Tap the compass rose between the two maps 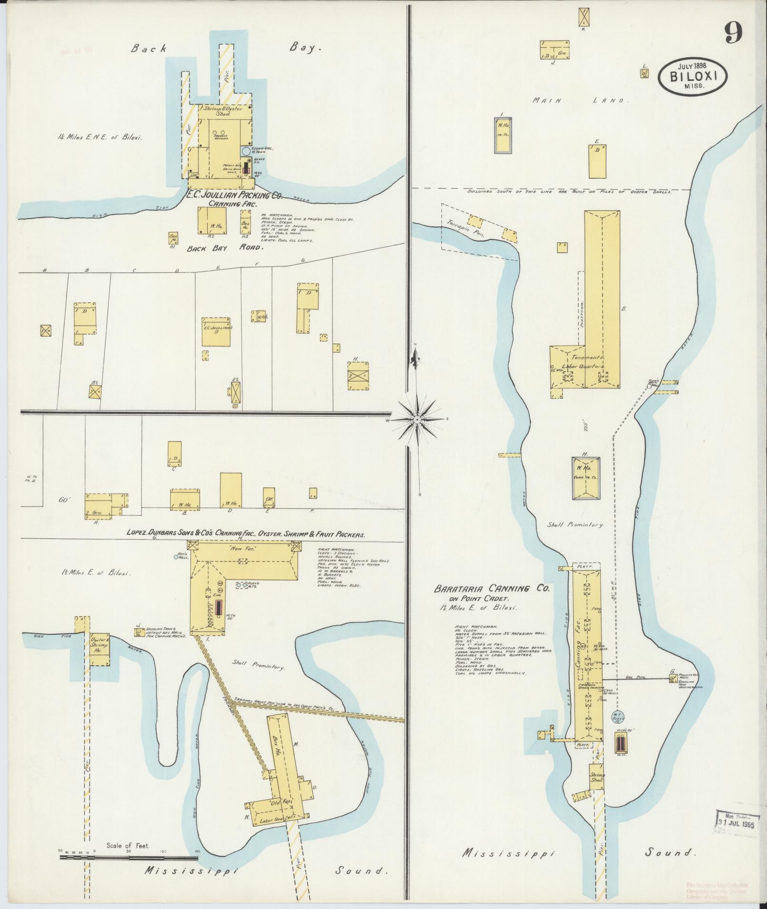click(416, 420)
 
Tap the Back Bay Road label click(224, 248)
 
